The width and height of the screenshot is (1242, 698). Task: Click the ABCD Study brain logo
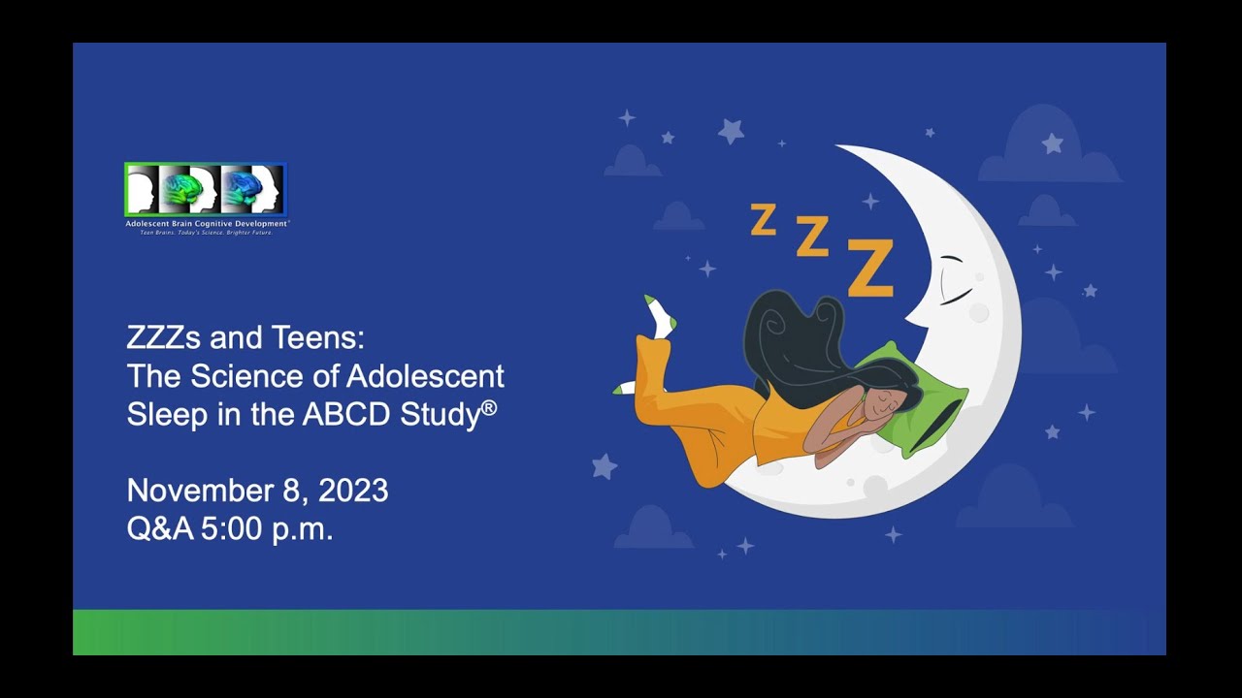pyautogui.click(x=206, y=190)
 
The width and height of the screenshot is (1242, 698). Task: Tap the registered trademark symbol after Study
pyautogui.click(x=489, y=408)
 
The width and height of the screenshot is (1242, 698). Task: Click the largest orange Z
pyautogui.click(x=869, y=268)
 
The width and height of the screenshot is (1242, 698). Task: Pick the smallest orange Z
pyautogui.click(x=764, y=220)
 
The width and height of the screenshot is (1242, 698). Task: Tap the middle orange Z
pyautogui.click(x=812, y=236)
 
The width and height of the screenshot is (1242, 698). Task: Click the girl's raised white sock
pyautogui.click(x=661, y=317)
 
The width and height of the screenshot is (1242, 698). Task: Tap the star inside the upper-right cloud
pyautogui.click(x=1052, y=143)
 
